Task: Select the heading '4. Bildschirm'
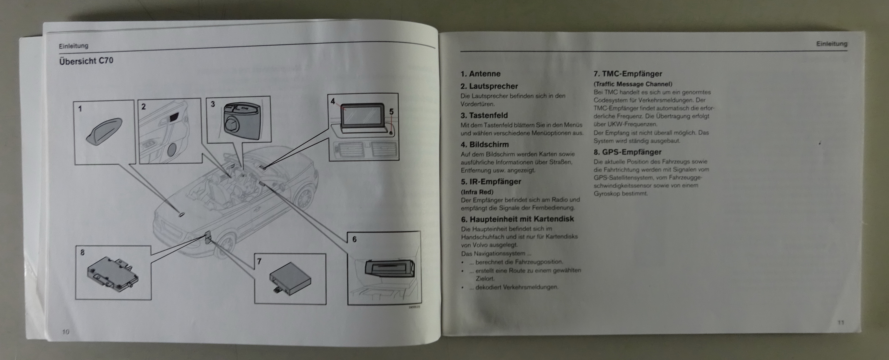click(485, 145)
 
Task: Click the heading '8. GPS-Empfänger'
click(627, 152)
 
